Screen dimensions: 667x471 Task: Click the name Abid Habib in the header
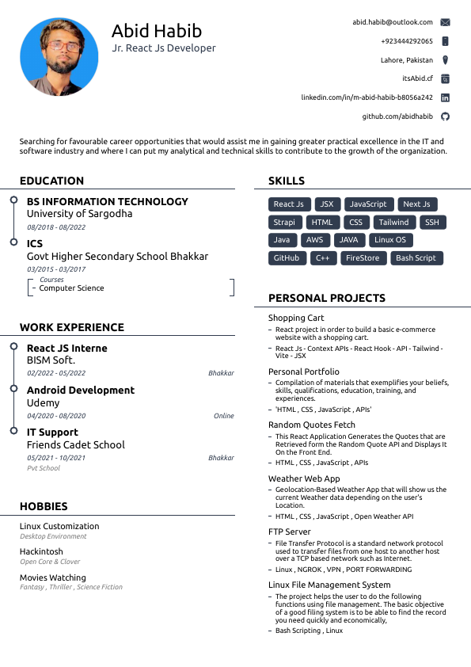coord(157,31)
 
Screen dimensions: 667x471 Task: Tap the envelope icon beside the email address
coord(445,22)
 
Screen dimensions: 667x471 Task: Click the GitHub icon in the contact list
coord(445,116)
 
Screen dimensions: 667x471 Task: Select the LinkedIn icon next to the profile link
coord(445,97)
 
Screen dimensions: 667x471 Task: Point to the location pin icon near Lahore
coord(445,60)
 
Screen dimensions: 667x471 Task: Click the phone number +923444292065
coord(407,41)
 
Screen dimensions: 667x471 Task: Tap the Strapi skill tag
coord(283,223)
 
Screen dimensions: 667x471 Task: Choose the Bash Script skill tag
coord(416,258)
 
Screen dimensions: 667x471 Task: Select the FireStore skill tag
coord(363,258)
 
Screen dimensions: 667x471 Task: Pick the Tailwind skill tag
coord(393,223)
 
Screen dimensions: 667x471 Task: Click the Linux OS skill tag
coord(390,240)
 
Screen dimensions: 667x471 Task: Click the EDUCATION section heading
coord(51,181)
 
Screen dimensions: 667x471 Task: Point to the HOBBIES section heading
coord(44,506)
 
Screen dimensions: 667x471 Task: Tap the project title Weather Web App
coord(304,478)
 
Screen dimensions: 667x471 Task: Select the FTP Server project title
coord(290,532)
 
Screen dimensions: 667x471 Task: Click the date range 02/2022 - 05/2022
coord(56,373)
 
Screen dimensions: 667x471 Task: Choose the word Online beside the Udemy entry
coord(224,416)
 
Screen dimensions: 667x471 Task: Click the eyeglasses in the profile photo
coord(60,47)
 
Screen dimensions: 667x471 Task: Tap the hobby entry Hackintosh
coord(41,551)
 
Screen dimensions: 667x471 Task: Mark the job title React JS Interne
coord(66,348)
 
